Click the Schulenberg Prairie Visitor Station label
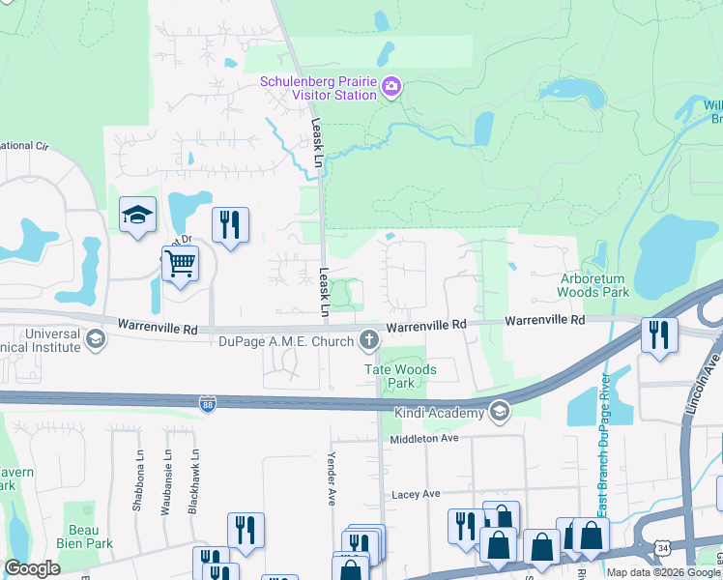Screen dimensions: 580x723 (318, 89)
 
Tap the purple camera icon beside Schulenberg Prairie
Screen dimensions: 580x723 (391, 88)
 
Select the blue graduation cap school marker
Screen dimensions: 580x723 (137, 215)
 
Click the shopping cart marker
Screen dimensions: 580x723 (180, 263)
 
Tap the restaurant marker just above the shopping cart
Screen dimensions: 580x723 (230, 225)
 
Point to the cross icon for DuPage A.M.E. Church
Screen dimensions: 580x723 (367, 339)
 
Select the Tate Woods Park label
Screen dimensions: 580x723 (399, 376)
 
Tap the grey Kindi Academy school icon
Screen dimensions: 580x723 (499, 413)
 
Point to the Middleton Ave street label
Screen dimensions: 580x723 (423, 439)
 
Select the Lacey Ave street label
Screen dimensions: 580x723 (417, 494)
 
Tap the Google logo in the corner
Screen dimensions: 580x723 (32, 568)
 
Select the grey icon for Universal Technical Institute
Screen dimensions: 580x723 (95, 338)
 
